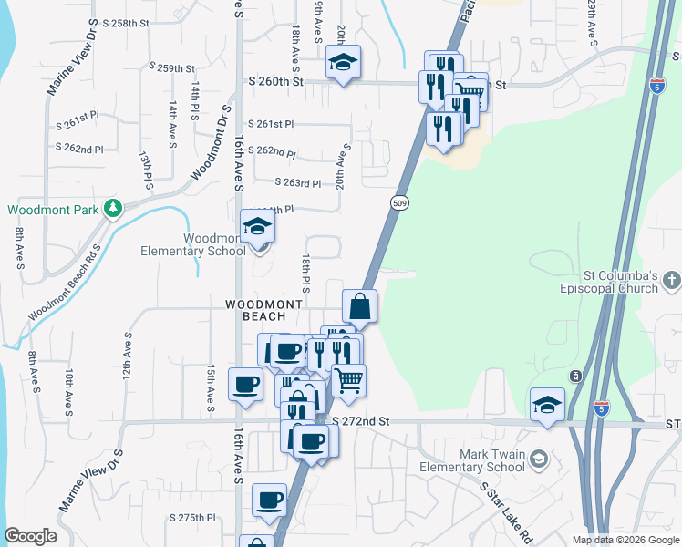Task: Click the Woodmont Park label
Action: [52, 210]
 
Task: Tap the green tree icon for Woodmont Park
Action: [113, 209]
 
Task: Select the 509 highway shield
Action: [399, 201]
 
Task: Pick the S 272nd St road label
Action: [360, 422]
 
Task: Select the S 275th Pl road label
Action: [191, 518]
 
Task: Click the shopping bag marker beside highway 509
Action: [360, 307]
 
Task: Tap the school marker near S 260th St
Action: [344, 63]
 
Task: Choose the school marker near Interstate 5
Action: [547, 406]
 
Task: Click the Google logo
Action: [30, 536]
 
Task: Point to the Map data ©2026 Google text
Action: [625, 540]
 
